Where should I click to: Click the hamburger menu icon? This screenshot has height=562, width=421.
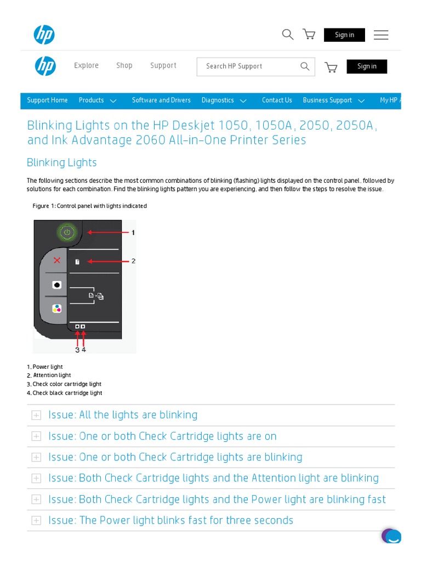381,35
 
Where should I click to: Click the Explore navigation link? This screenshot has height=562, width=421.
87,66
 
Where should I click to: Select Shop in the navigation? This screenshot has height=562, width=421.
124,66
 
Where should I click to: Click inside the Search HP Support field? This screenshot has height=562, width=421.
249,66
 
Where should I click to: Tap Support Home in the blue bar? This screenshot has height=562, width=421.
48,100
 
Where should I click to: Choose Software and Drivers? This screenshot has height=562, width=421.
161,100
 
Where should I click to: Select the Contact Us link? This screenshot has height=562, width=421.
277,100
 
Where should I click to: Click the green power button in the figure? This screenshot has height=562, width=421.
67,233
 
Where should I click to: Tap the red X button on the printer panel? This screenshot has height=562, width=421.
57,260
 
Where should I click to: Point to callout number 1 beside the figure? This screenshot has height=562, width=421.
133,233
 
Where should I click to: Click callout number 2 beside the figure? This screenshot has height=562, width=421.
133,261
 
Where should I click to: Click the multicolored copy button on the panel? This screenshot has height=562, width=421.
57,308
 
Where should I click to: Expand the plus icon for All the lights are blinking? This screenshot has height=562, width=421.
36,415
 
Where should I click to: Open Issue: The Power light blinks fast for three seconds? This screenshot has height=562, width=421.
186,520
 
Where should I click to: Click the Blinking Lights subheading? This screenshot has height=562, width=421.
62,162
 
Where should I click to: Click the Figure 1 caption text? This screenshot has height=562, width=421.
90,206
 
